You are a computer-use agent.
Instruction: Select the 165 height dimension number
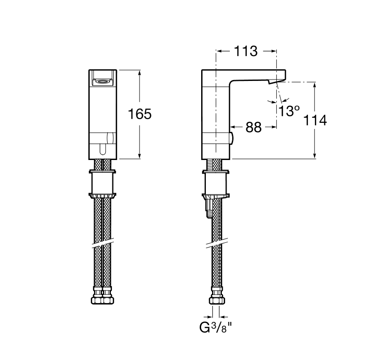141,114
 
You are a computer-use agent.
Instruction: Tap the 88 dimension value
253,127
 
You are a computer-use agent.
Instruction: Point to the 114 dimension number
315,120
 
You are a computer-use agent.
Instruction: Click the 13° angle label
289,111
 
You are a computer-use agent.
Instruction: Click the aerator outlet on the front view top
102,81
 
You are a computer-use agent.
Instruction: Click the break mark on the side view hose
216,243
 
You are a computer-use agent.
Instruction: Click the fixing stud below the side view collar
207,207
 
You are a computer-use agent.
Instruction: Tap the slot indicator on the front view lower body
102,149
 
